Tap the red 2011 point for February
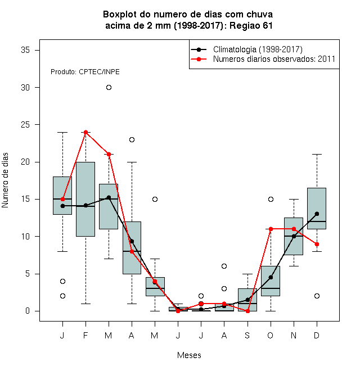click(x=85, y=132)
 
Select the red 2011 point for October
click(x=271, y=229)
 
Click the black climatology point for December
click(x=317, y=214)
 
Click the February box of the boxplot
click(x=85, y=199)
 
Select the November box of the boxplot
click(x=294, y=236)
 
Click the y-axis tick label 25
click(x=25, y=125)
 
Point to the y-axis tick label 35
click(x=25, y=50)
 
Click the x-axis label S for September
click(x=247, y=335)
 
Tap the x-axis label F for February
click(x=85, y=335)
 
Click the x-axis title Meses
click(x=189, y=355)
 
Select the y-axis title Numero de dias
click(x=5, y=180)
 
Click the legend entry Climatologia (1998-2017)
click(x=258, y=49)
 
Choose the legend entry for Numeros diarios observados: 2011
click(x=274, y=59)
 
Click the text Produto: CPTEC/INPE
click(x=85, y=72)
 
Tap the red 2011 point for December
click(x=317, y=244)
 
